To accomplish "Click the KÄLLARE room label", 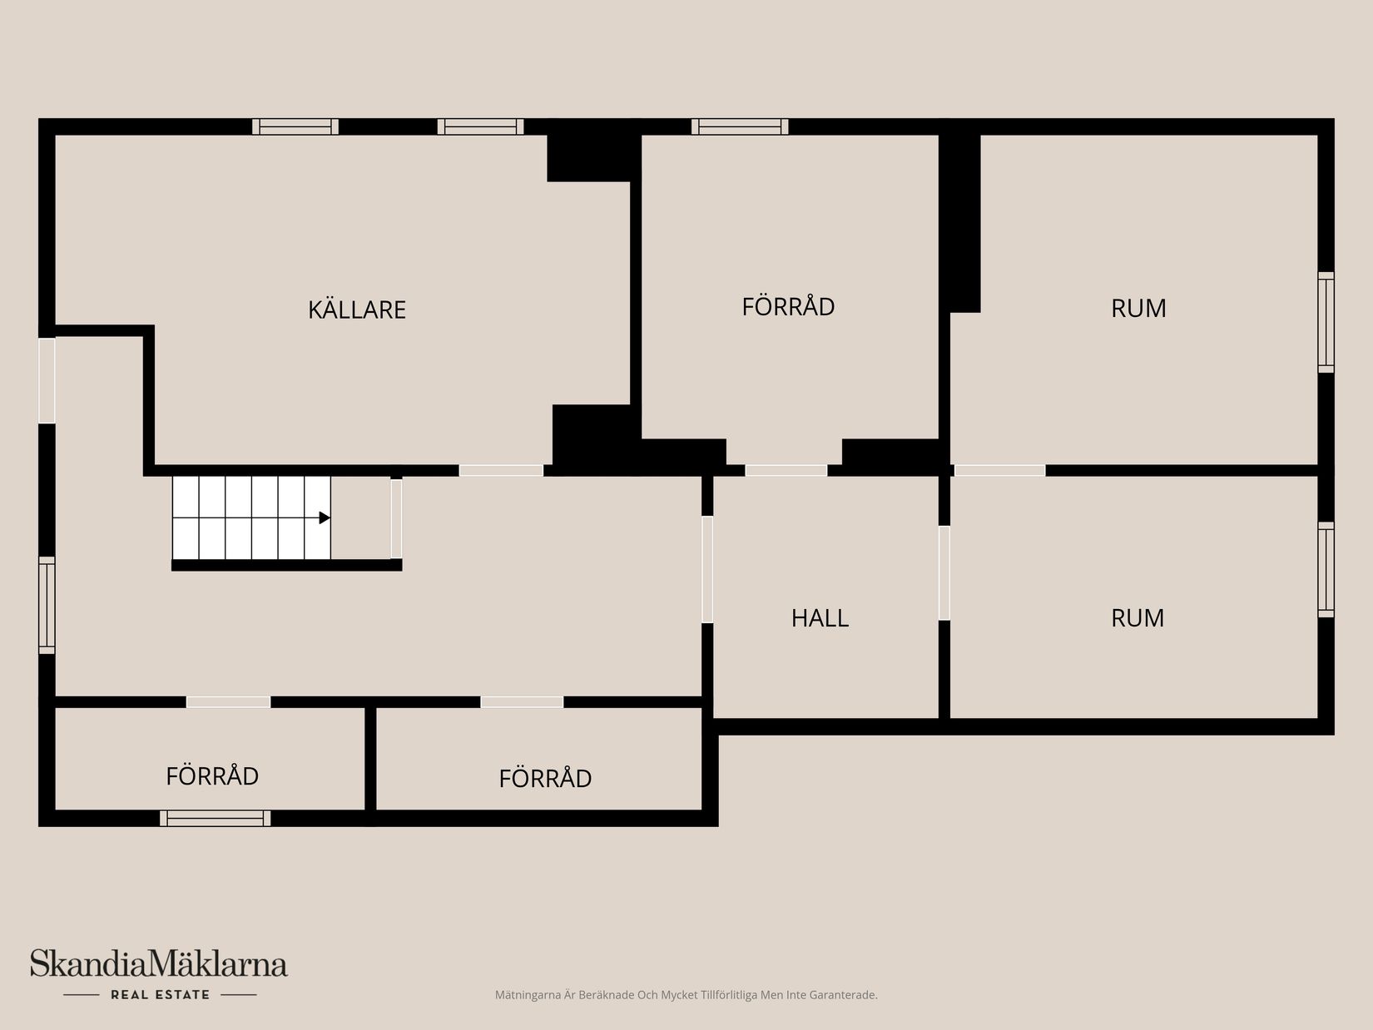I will click(x=356, y=309).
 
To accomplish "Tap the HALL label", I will click(x=820, y=618).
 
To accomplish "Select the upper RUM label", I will click(x=1138, y=308).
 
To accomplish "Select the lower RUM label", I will click(x=1137, y=617).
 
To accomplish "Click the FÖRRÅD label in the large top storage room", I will click(x=788, y=306).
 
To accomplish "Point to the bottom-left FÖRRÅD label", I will click(x=212, y=775).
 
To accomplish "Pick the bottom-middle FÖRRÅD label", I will click(x=545, y=778).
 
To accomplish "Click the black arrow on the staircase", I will click(x=325, y=517).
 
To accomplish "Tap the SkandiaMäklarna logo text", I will click(x=159, y=964).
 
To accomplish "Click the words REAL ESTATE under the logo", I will click(x=160, y=994).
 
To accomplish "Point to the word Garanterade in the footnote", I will click(x=842, y=995).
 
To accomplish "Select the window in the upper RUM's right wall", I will click(x=1326, y=322).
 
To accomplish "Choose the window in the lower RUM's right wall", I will click(x=1326, y=569).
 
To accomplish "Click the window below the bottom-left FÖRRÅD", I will click(x=215, y=818).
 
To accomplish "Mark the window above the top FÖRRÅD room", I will click(x=739, y=126).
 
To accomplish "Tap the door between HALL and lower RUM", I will click(x=944, y=572).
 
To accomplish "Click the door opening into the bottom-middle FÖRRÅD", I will click(x=522, y=702).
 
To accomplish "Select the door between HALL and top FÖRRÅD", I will click(x=786, y=470).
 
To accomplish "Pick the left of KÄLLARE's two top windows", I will click(x=295, y=126).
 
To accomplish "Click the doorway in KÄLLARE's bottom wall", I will click(x=501, y=470).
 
